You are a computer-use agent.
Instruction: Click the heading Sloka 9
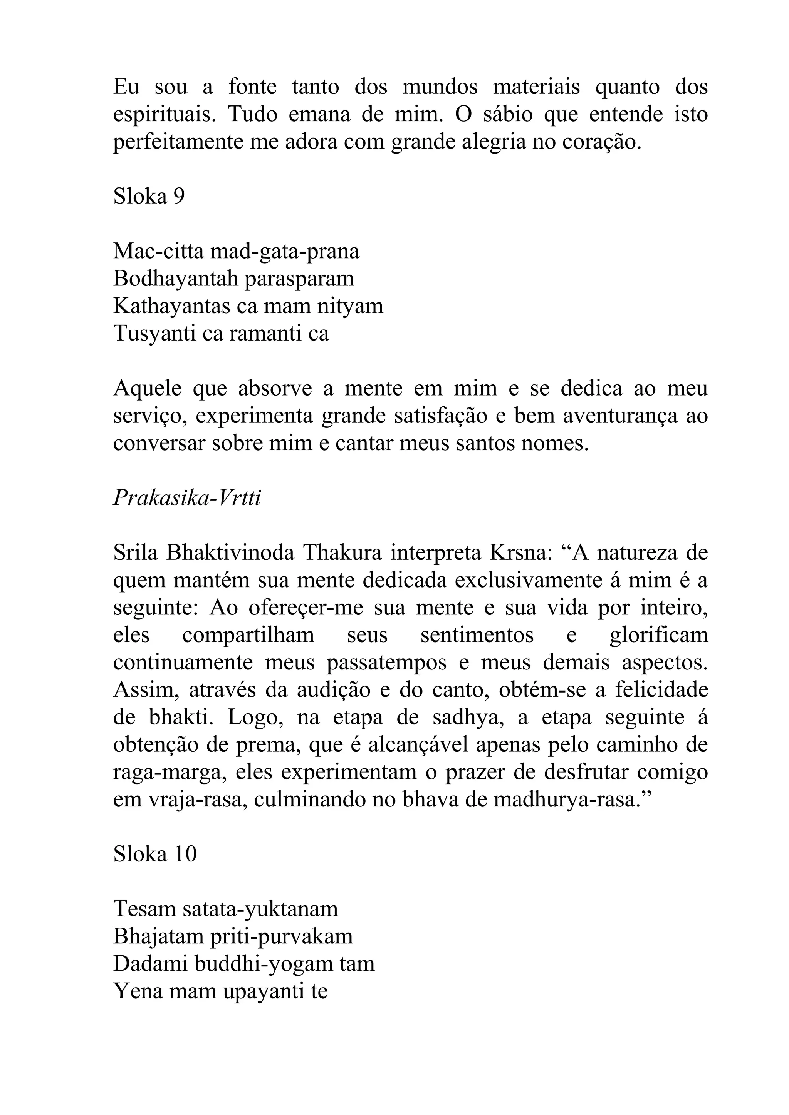coord(149,196)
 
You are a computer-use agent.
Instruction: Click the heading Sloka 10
coord(154,854)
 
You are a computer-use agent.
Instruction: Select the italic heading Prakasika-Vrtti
coord(187,498)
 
